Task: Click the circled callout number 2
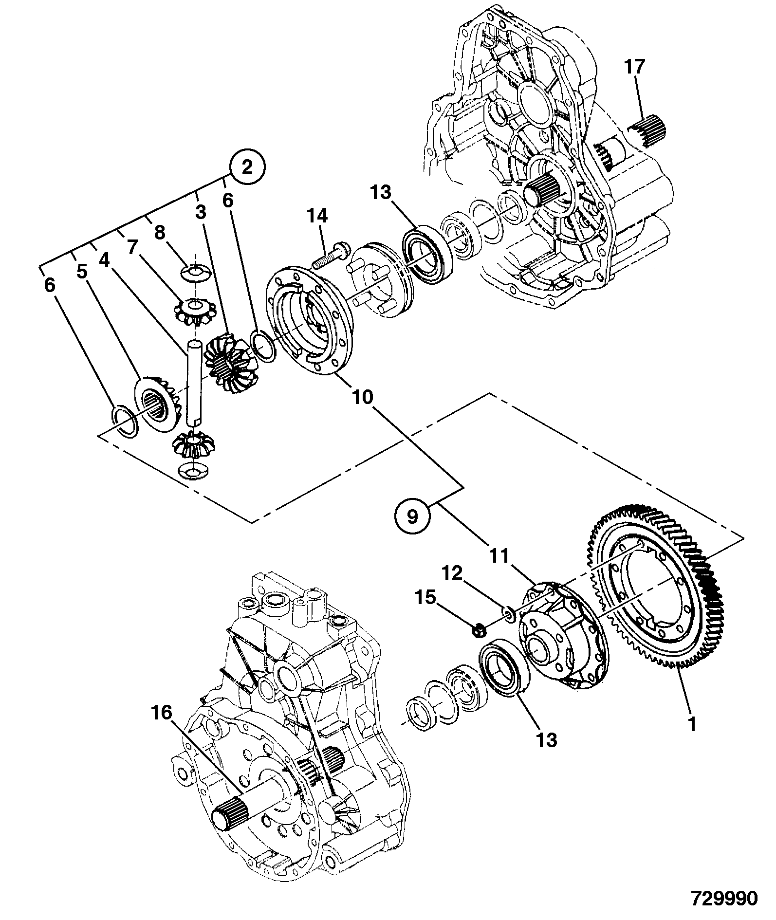point(247,168)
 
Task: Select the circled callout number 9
point(412,516)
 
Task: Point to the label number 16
point(162,714)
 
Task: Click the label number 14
point(317,216)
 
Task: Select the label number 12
point(452,573)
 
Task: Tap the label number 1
point(691,738)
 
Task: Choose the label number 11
point(498,555)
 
